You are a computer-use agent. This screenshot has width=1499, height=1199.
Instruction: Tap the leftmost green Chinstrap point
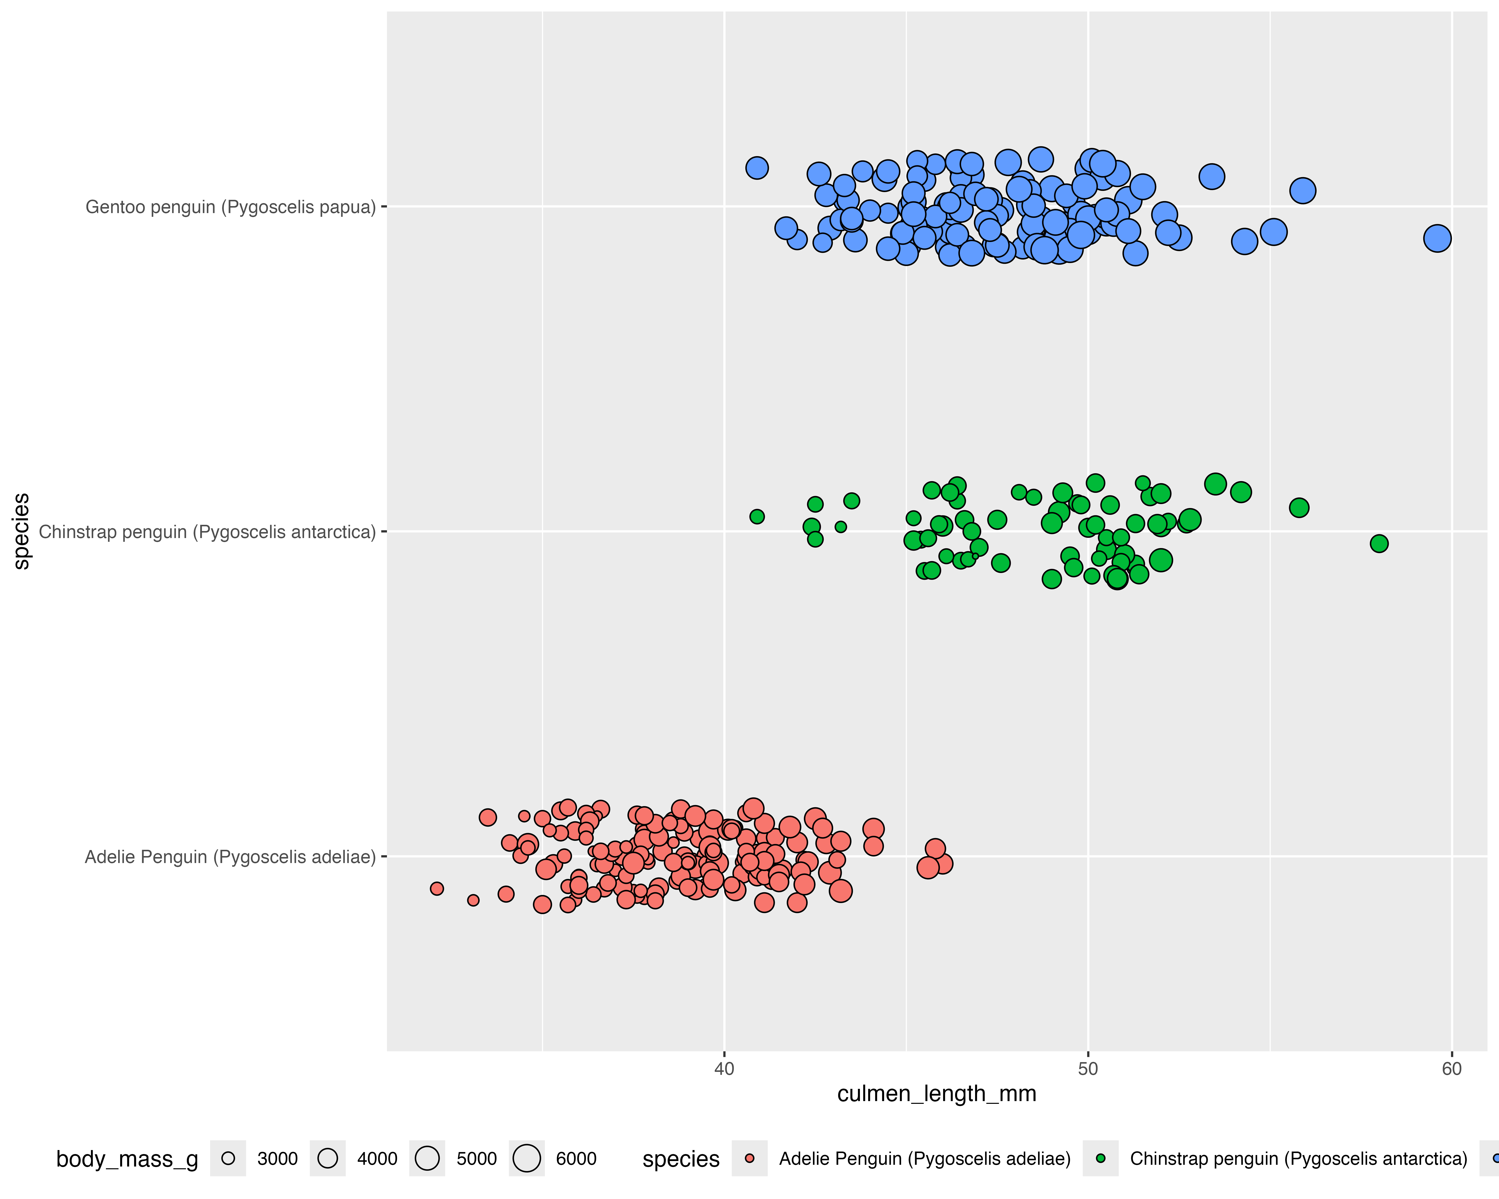pyautogui.click(x=757, y=516)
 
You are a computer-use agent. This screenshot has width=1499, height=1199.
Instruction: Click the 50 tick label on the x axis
pyautogui.click(x=1088, y=1069)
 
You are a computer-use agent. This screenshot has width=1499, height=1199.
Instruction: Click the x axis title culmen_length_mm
pyautogui.click(x=937, y=1094)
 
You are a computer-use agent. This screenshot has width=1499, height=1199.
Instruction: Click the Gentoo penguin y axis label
pyautogui.click(x=230, y=207)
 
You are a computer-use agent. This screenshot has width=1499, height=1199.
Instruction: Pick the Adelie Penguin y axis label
pyautogui.click(x=230, y=857)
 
